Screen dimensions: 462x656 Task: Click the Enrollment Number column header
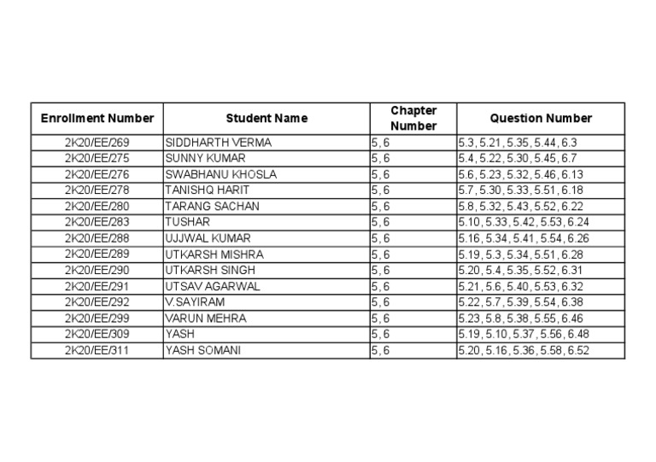pos(97,119)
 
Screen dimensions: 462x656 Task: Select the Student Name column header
pos(266,119)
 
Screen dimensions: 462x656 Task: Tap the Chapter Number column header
pos(413,119)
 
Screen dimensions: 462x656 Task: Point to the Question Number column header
pos(541,119)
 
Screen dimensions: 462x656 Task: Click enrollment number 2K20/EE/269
pos(97,143)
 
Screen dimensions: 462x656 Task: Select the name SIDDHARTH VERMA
pos(219,143)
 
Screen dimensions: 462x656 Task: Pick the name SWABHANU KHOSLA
pos(221,174)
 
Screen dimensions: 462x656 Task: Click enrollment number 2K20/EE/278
pos(97,190)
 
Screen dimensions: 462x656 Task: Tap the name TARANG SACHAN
pos(213,207)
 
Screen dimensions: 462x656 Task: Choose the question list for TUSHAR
pos(524,222)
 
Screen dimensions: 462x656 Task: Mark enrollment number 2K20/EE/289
pos(97,254)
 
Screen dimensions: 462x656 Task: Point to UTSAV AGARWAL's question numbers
pos(521,286)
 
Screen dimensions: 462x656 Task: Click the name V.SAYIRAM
pos(194,302)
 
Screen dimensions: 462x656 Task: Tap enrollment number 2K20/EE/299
pos(97,319)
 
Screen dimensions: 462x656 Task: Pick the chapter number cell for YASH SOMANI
pos(381,350)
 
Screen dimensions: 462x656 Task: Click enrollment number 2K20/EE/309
pos(97,334)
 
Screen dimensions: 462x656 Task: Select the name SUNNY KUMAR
pos(206,159)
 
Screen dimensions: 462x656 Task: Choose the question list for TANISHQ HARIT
pos(521,190)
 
